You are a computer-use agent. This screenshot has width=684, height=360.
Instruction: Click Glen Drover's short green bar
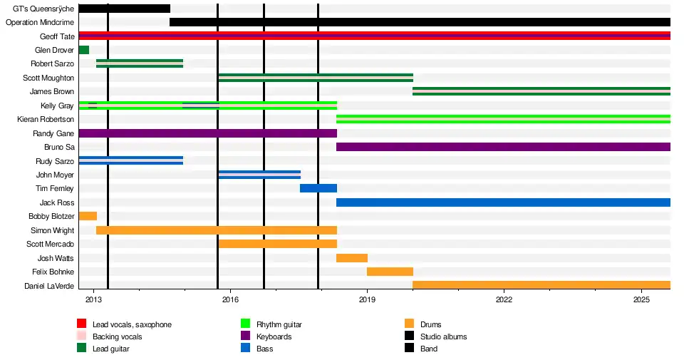click(83, 50)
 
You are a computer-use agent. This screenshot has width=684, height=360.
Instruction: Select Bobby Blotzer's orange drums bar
click(88, 216)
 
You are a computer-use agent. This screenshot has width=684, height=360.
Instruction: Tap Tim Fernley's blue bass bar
click(318, 188)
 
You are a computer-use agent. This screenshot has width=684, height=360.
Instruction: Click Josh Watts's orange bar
click(352, 258)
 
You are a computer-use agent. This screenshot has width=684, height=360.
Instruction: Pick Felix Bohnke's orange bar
click(390, 272)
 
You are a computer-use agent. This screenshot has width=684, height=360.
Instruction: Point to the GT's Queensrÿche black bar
click(124, 9)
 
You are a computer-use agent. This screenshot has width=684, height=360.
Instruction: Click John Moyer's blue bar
click(259, 175)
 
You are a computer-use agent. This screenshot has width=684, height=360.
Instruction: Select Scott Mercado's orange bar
click(278, 244)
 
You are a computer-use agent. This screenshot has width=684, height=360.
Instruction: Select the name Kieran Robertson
click(45, 119)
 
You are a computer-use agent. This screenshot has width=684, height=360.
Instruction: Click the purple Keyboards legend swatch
click(246, 336)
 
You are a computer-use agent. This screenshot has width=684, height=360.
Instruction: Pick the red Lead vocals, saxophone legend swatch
click(82, 324)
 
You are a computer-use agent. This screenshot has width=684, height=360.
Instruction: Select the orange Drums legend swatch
click(410, 324)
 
